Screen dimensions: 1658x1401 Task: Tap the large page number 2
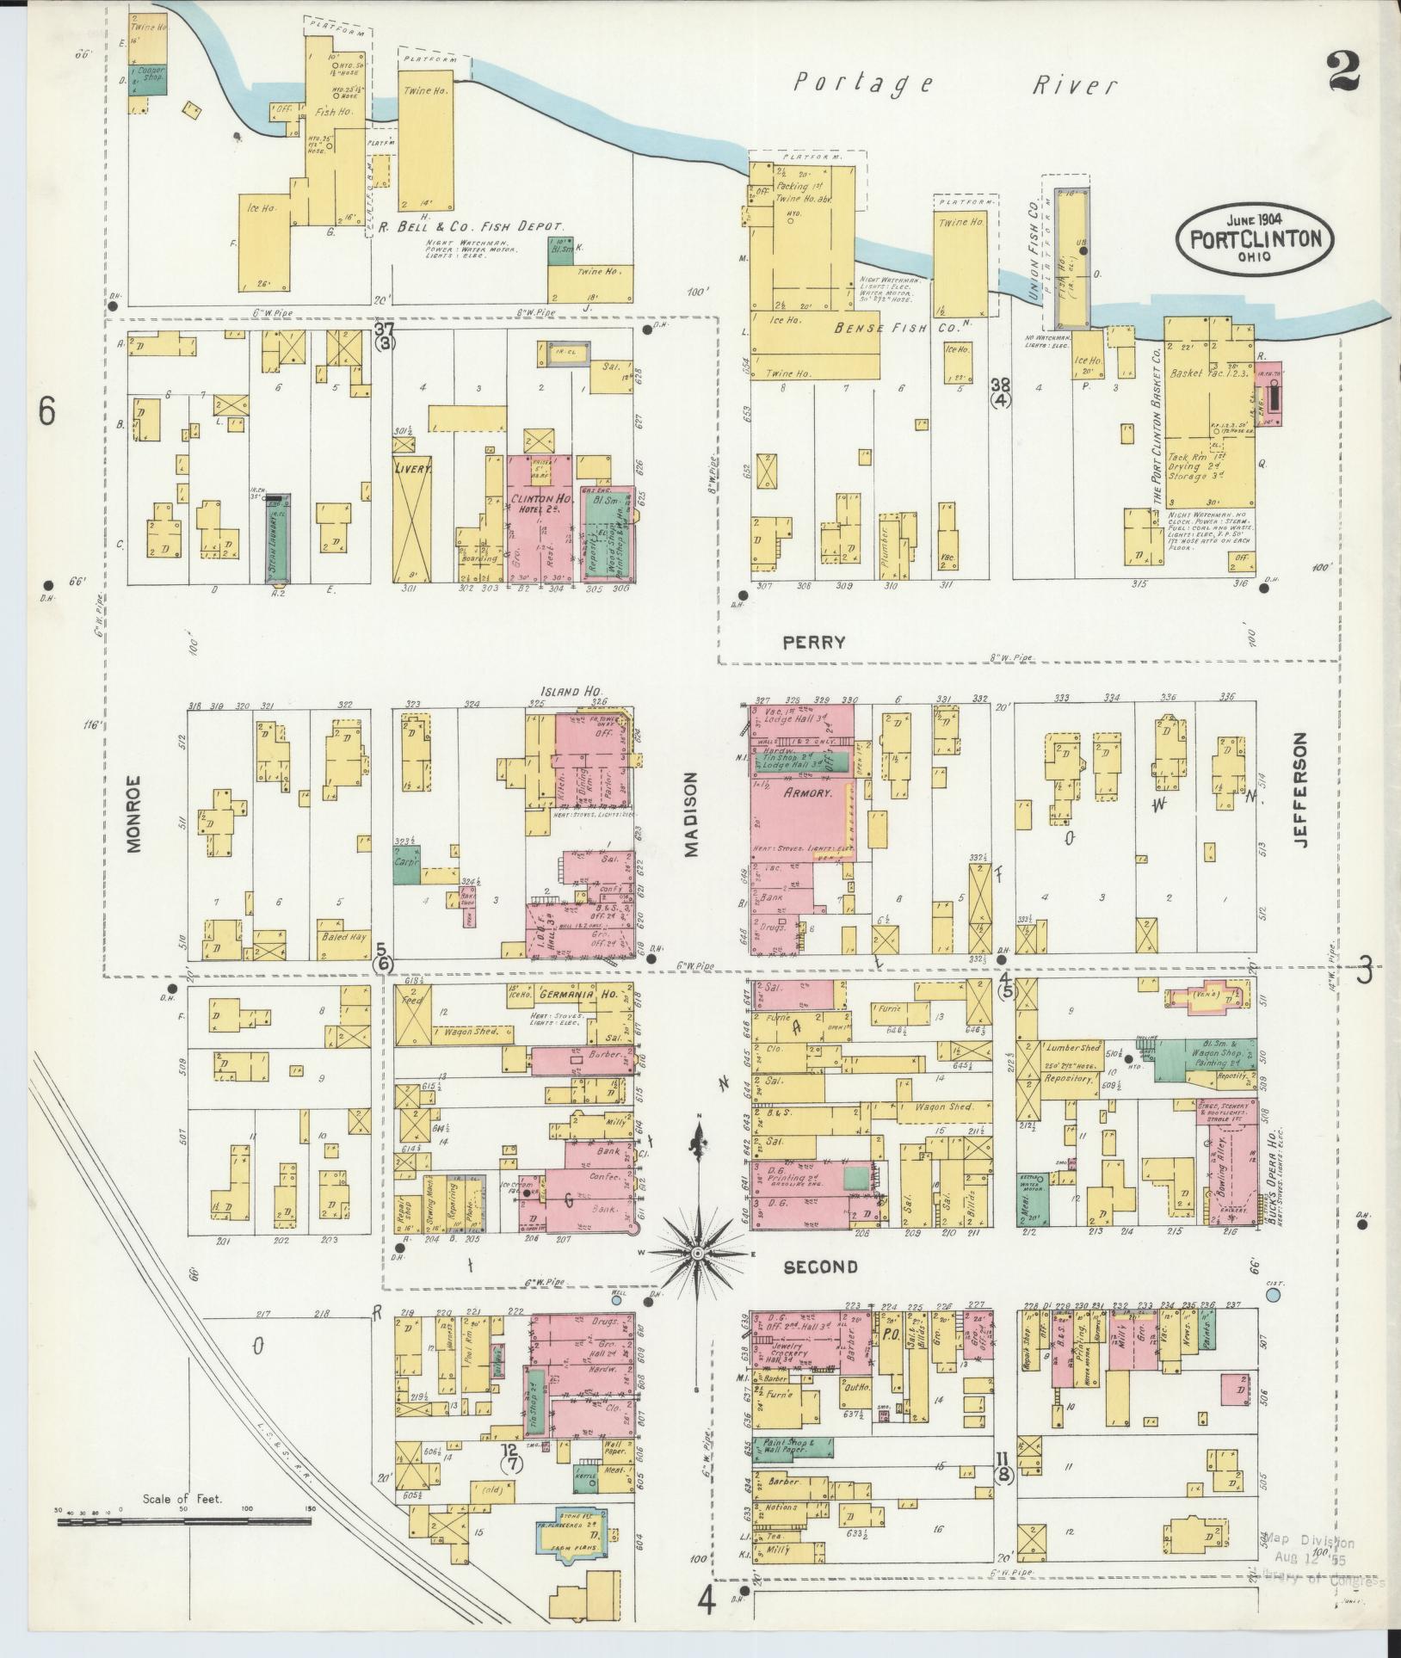click(x=1342, y=71)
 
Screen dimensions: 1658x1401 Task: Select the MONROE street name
click(x=133, y=822)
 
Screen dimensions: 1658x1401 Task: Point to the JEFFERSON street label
click(x=1299, y=790)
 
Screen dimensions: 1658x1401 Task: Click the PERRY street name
click(x=814, y=642)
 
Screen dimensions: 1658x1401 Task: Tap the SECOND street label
click(x=819, y=1267)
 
